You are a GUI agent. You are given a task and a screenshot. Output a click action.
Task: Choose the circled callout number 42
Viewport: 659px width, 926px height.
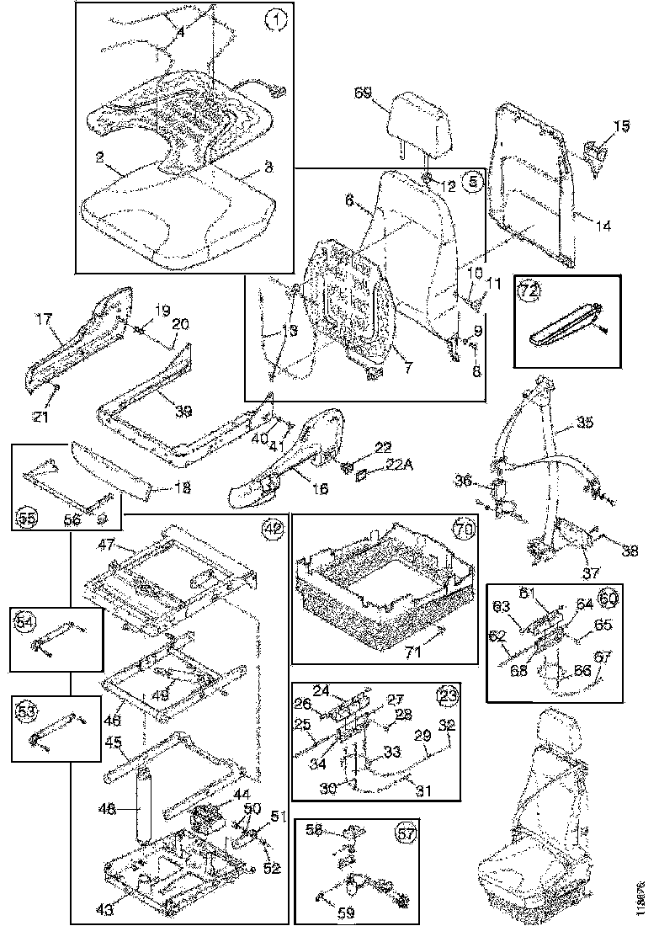click(x=272, y=529)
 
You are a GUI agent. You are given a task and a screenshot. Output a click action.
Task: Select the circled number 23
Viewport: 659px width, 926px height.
click(x=446, y=696)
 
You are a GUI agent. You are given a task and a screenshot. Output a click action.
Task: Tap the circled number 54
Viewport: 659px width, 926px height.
click(x=25, y=622)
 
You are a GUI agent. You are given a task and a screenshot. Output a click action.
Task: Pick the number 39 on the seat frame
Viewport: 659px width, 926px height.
click(x=183, y=410)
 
